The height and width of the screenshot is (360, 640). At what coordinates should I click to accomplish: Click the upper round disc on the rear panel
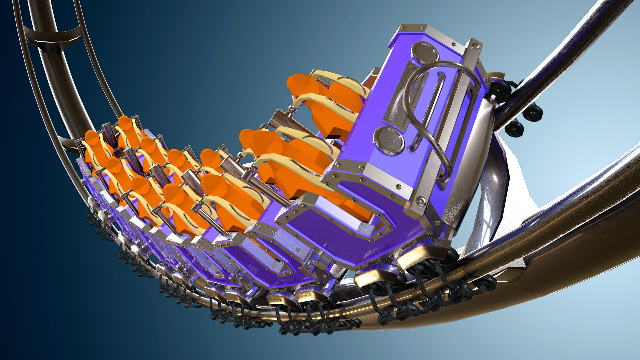click(425, 53)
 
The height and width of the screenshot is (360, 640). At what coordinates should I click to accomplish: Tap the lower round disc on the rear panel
click(389, 140)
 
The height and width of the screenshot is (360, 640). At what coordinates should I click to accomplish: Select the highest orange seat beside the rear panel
click(320, 100)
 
